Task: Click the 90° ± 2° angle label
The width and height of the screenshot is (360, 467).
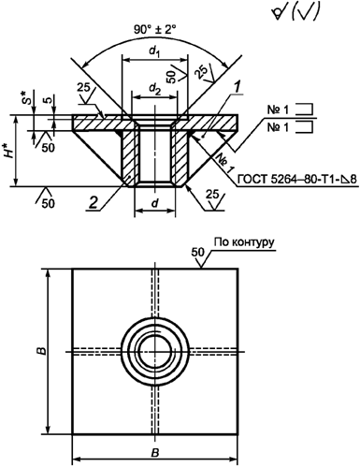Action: [155, 30]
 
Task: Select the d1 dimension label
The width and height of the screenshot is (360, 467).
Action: [154, 51]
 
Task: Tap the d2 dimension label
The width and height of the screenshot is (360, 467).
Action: [154, 90]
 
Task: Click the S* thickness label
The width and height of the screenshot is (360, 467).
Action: [28, 97]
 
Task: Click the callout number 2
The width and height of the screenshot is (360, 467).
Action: [93, 203]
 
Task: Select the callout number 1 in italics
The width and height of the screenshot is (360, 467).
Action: [238, 87]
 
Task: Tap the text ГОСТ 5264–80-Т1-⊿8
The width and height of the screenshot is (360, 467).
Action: [296, 180]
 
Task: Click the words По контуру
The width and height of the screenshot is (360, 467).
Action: [244, 242]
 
